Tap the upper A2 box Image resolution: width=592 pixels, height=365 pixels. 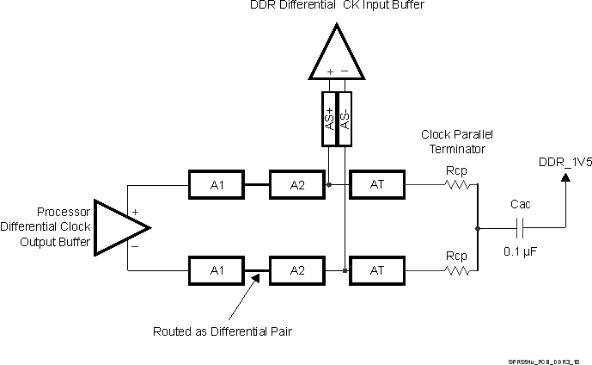296,184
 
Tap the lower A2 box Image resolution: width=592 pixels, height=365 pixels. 296,270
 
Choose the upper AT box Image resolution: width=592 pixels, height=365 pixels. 375,184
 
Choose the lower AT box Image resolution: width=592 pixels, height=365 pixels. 375,270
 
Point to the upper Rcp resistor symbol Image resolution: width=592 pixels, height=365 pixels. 456,184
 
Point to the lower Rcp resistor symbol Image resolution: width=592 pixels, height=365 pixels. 456,270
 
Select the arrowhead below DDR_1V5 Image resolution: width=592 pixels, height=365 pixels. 565,178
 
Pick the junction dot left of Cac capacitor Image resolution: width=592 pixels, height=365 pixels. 478,227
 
